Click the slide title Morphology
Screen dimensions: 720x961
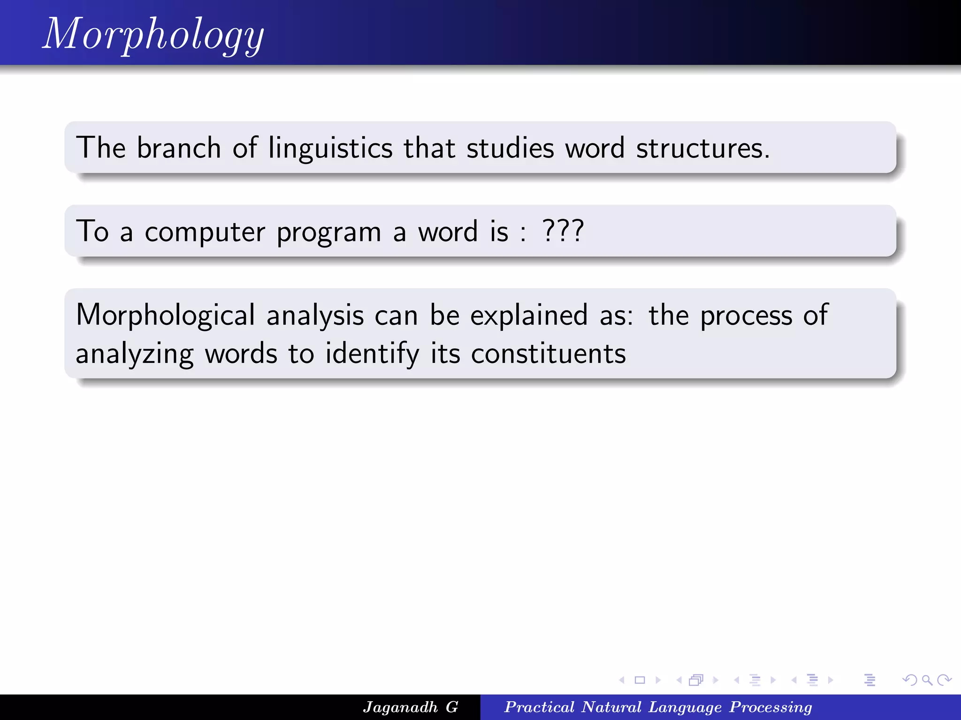click(x=153, y=34)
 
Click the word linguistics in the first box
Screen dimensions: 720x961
click(x=330, y=148)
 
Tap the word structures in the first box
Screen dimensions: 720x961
click(x=702, y=148)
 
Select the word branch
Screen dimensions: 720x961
click(x=179, y=148)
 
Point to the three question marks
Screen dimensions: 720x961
click(x=563, y=231)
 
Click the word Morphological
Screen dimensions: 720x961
click(x=165, y=315)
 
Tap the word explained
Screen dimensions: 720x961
click(x=529, y=315)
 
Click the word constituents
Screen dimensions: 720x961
click(x=548, y=353)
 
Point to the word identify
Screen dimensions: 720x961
click(x=372, y=354)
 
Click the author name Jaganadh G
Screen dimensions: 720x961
click(x=410, y=707)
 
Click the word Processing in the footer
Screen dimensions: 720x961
click(x=770, y=707)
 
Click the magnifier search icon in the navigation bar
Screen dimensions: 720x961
click(x=927, y=680)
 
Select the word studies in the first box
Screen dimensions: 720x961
click(x=510, y=148)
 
